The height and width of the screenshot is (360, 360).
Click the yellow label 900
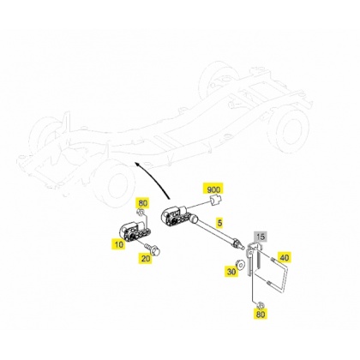pyautogui.click(x=213, y=189)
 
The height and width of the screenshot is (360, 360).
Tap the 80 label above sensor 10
pyautogui.click(x=143, y=203)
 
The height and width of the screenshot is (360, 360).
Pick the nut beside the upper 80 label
pyautogui.click(x=141, y=212)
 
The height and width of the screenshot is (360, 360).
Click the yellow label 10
pyautogui.click(x=118, y=244)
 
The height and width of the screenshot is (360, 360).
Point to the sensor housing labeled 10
pyautogui.click(x=135, y=231)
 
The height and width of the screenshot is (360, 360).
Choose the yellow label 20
pyautogui.click(x=146, y=259)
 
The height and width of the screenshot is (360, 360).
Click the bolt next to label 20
pyautogui.click(x=153, y=249)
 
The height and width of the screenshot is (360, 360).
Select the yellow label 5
pyautogui.click(x=219, y=223)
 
